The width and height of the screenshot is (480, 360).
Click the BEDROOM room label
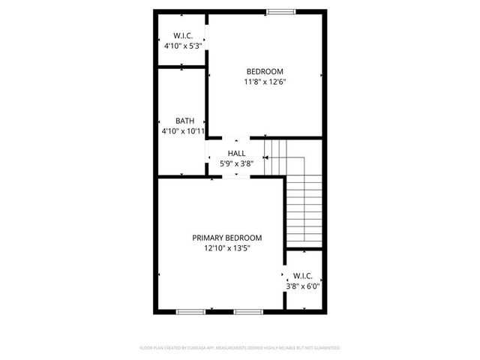click(265, 72)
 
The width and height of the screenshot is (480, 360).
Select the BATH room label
click(185, 121)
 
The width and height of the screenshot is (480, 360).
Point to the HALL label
click(236, 153)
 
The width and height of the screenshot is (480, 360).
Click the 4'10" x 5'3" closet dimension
click(183, 46)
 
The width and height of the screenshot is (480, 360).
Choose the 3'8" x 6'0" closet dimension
click(302, 286)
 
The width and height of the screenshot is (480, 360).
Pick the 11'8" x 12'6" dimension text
click(265, 82)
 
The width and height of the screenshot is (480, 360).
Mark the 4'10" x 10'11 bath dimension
click(183, 131)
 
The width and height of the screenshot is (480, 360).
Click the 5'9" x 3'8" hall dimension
click(236, 163)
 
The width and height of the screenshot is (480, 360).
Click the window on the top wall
click(280, 10)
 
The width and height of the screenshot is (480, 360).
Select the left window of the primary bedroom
click(190, 311)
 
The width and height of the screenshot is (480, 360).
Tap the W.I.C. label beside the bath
click(184, 35)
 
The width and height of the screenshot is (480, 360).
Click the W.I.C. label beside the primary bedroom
click(303, 276)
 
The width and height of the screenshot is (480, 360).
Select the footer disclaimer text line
click(240, 348)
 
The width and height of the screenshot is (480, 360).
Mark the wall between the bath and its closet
click(182, 67)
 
